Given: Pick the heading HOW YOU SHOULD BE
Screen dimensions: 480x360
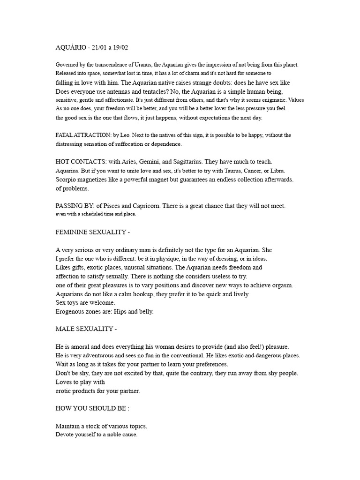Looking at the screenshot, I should point(90,408).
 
